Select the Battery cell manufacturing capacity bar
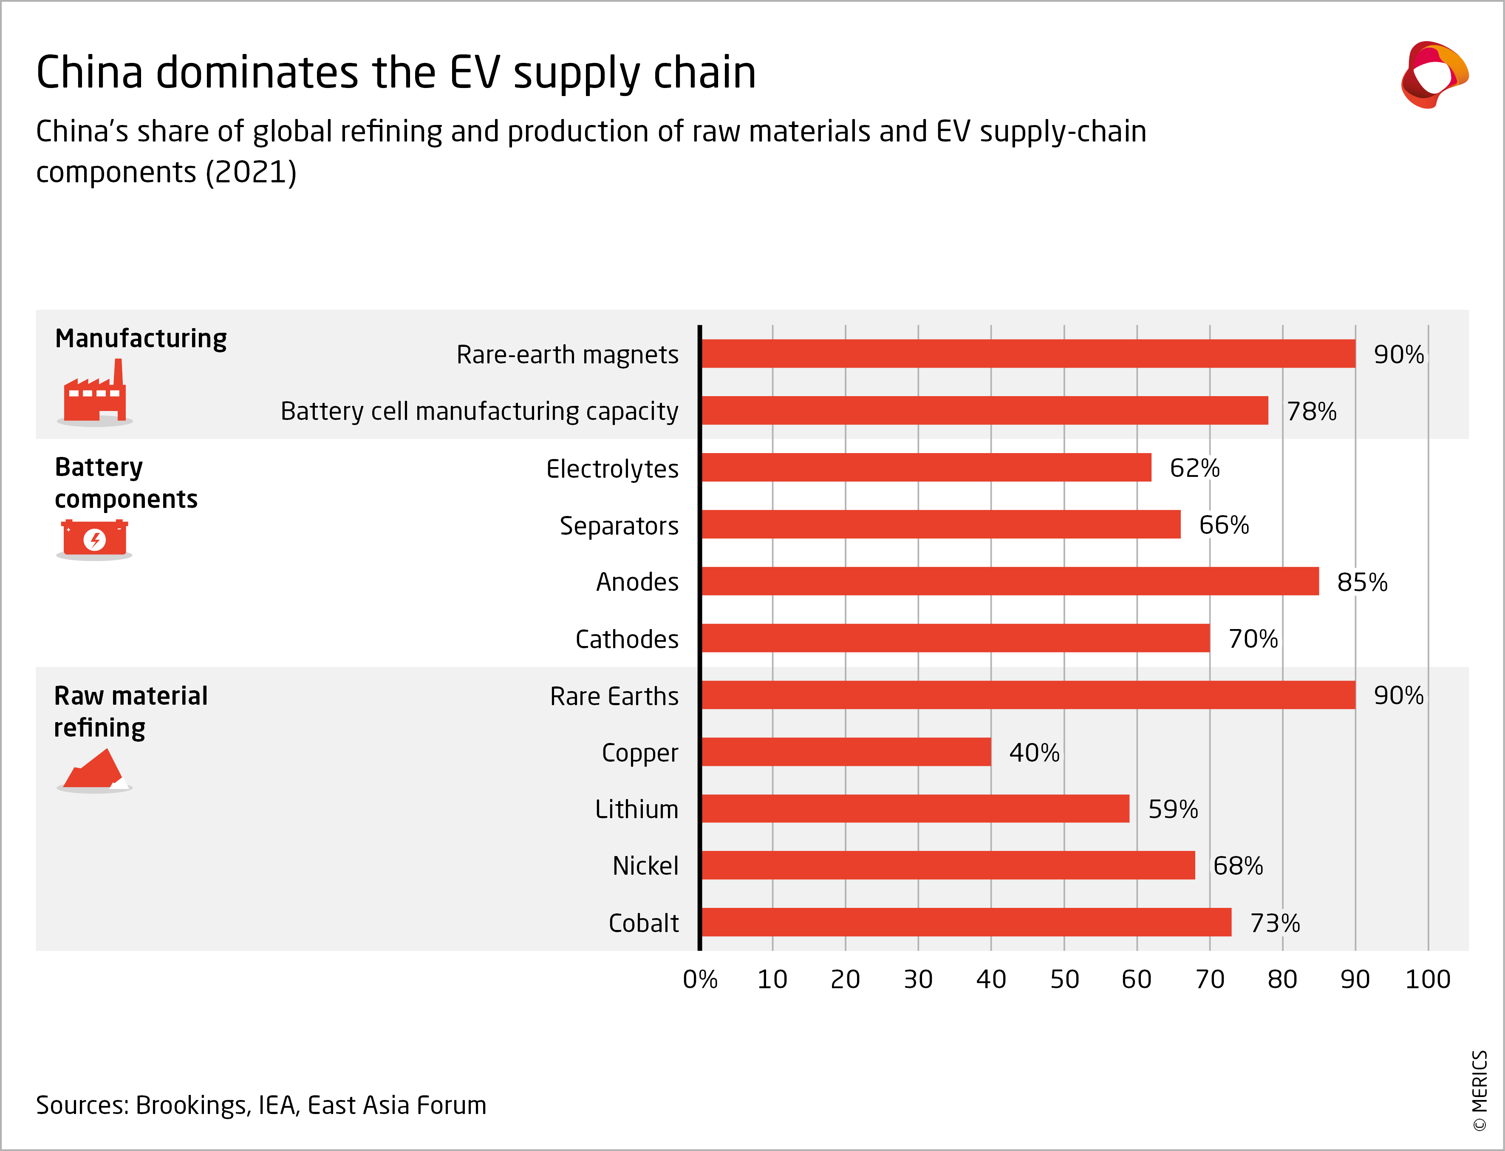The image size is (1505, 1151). [984, 411]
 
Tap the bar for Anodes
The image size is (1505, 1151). [1009, 581]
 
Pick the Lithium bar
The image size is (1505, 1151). [915, 808]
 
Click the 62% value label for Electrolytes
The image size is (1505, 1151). [1194, 468]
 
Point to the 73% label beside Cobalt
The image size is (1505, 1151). [1274, 923]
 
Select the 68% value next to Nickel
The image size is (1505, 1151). [1237, 866]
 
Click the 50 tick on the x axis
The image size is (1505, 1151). [1064, 980]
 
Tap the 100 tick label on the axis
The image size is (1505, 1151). [1428, 980]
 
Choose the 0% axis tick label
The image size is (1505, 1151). [700, 980]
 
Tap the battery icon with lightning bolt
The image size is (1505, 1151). [94, 539]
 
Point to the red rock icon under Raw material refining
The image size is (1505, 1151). [94, 770]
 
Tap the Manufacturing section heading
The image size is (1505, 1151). [140, 338]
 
